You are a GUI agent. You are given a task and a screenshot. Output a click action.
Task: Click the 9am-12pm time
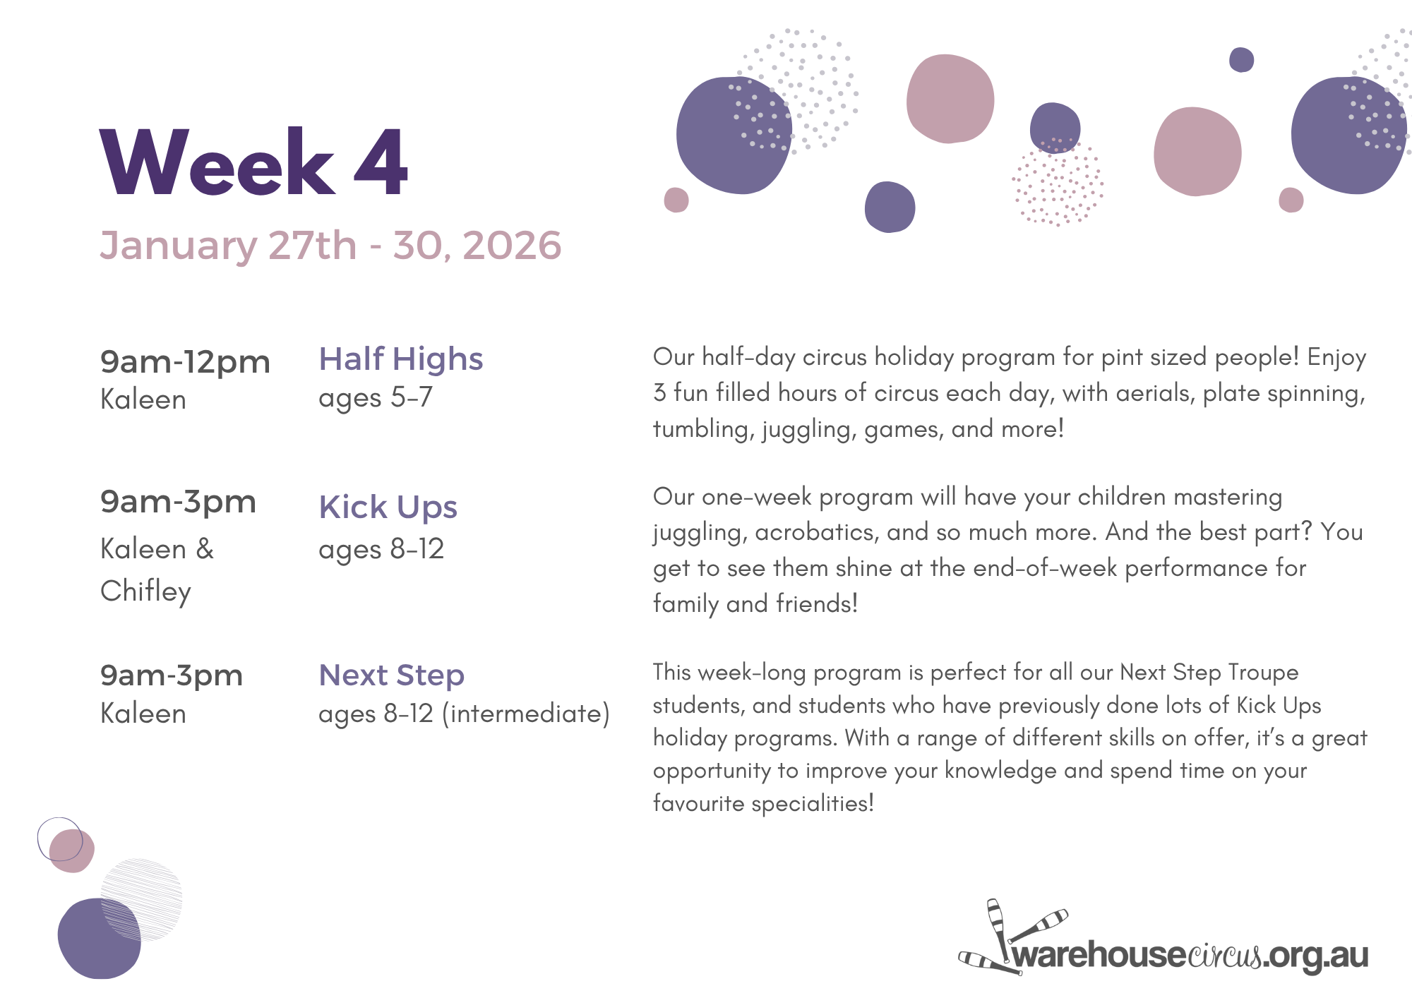(185, 362)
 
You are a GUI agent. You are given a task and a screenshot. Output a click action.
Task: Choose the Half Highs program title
(401, 359)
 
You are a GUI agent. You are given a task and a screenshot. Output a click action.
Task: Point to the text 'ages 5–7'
(376, 398)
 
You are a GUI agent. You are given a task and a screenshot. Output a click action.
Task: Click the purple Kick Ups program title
(388, 507)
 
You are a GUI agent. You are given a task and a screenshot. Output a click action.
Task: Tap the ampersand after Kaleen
(205, 549)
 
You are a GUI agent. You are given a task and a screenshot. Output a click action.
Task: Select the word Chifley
(146, 591)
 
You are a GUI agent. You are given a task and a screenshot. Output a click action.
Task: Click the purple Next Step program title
(392, 675)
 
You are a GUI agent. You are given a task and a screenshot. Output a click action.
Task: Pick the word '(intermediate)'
(526, 714)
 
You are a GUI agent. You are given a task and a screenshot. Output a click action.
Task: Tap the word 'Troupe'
(1263, 673)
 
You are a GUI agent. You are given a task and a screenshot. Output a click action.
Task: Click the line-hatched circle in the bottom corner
(141, 899)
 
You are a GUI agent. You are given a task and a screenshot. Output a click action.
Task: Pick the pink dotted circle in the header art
(1057, 181)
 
